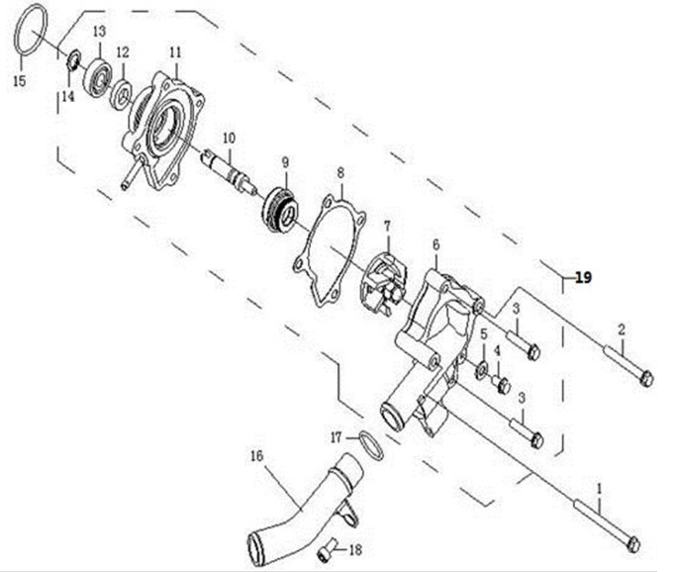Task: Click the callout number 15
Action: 20,81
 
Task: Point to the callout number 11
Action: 175,52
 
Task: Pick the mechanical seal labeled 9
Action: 280,211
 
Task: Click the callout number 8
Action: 340,173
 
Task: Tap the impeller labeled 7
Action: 384,284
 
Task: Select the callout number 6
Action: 435,244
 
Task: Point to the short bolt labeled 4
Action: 501,384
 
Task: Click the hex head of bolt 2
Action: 646,379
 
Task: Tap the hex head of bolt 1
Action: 633,544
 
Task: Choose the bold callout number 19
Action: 583,277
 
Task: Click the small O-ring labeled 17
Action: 370,445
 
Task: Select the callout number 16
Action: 256,456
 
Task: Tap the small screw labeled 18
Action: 328,550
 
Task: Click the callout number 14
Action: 68,97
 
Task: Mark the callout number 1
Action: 599,489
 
